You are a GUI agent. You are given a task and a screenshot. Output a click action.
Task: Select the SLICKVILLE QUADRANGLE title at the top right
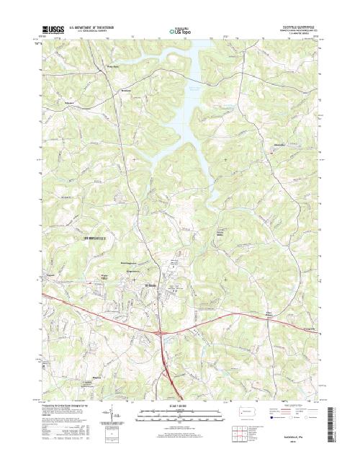pyautogui.click(x=297, y=25)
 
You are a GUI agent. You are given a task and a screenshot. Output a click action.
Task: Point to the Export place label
pyautogui.click(x=51, y=276)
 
